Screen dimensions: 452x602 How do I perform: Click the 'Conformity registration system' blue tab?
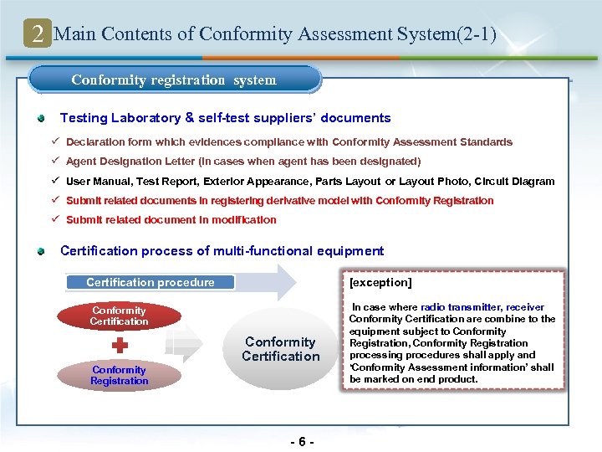pos(174,80)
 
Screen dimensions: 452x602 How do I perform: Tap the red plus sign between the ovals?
pos(120,345)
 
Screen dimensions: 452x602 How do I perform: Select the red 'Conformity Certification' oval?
pos(119,316)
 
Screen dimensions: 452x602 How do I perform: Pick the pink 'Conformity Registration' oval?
pos(120,375)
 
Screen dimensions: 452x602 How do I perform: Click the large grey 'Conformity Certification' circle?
pos(280,349)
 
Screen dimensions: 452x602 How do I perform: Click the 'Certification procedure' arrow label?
pos(150,283)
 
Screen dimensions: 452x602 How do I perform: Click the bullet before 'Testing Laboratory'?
pos(41,118)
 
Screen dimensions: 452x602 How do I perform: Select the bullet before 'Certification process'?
pos(41,251)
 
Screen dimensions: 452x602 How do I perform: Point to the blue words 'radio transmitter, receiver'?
pos(482,307)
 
